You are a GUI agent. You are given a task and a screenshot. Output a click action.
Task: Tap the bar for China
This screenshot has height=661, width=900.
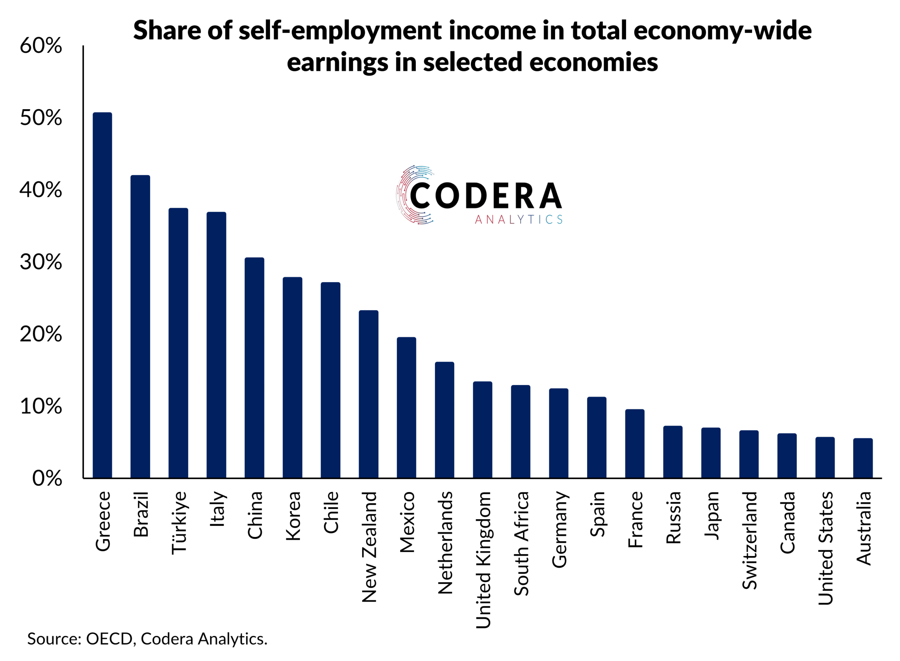point(254,368)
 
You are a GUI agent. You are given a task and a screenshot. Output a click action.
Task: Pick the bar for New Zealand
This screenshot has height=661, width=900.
point(368,394)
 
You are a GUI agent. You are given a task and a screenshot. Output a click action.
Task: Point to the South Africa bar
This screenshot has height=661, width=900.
point(520,432)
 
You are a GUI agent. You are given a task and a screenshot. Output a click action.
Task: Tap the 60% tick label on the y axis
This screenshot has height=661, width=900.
point(41,46)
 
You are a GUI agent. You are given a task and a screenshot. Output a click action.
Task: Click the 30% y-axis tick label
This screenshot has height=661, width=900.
point(41,262)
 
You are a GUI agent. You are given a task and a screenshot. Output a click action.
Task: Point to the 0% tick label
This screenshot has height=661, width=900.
point(47,479)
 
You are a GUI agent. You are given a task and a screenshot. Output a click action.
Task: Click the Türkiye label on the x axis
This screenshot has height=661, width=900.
point(179,523)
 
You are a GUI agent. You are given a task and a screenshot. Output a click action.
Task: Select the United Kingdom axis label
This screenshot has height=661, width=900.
point(483,560)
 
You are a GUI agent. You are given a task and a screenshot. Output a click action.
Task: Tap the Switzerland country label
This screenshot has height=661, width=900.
point(749,540)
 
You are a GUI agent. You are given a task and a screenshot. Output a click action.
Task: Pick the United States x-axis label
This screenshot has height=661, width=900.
point(825,548)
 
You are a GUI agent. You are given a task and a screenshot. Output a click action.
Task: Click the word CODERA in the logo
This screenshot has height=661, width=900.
point(486,196)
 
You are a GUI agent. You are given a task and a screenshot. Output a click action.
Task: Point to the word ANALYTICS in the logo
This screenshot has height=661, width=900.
point(518,220)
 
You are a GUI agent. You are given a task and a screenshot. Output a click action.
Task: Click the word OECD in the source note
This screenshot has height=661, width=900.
point(109,639)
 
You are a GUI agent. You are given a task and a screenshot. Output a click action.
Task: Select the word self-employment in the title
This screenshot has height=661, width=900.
point(340,31)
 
